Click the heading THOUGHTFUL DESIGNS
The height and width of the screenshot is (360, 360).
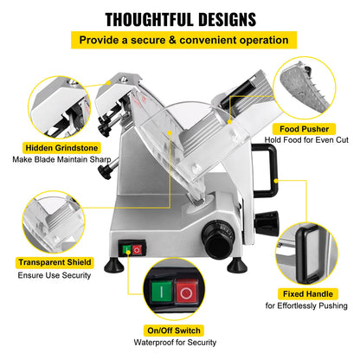point(179,19)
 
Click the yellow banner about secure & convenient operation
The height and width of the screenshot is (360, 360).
point(179,40)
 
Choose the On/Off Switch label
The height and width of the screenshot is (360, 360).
point(179,330)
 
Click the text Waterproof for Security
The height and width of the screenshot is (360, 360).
point(179,344)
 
